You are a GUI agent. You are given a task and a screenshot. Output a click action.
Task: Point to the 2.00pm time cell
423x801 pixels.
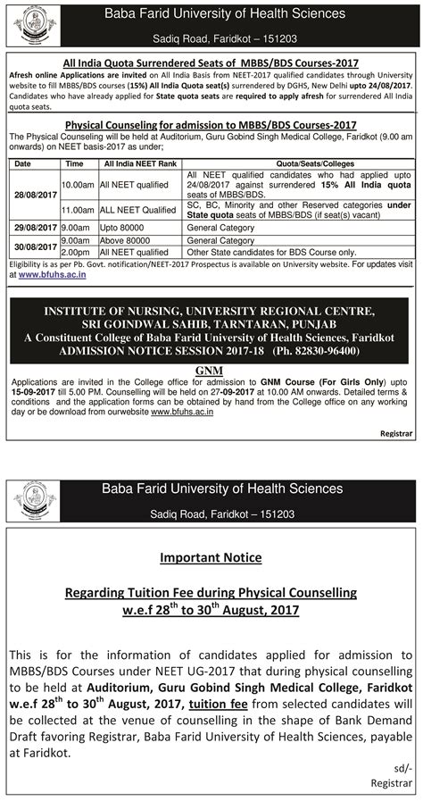tap(76, 252)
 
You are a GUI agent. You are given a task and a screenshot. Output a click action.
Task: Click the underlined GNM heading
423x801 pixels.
tap(211, 368)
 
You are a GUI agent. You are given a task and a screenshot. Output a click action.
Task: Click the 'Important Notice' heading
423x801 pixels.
tap(211, 557)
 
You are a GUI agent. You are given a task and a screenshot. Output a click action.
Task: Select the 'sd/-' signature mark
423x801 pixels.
tap(403, 766)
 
